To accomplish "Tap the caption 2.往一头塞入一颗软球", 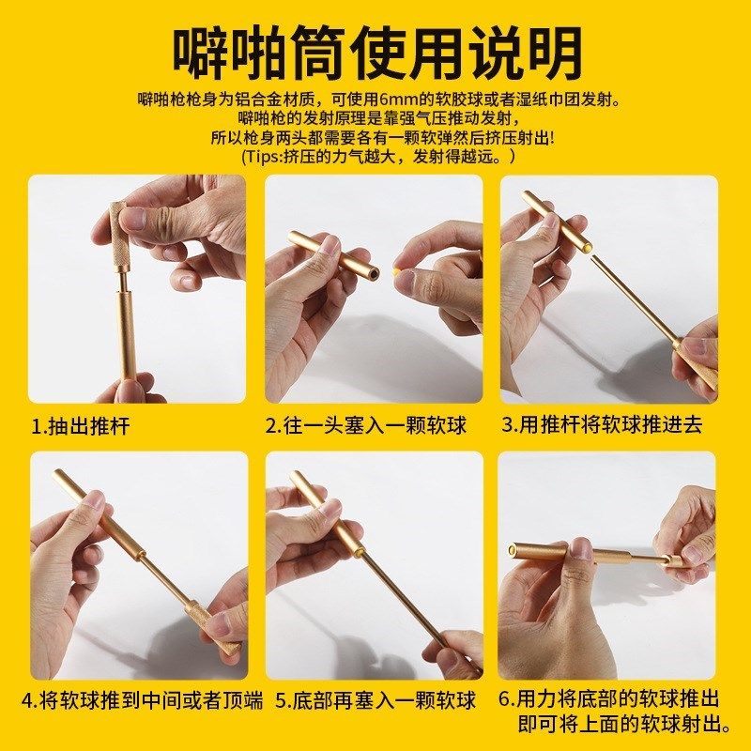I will (x=365, y=426).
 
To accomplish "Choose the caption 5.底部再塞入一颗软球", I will (x=375, y=701).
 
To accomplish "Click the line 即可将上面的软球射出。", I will (x=624, y=724).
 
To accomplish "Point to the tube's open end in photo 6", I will (x=514, y=549).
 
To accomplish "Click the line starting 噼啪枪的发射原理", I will (x=376, y=119).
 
